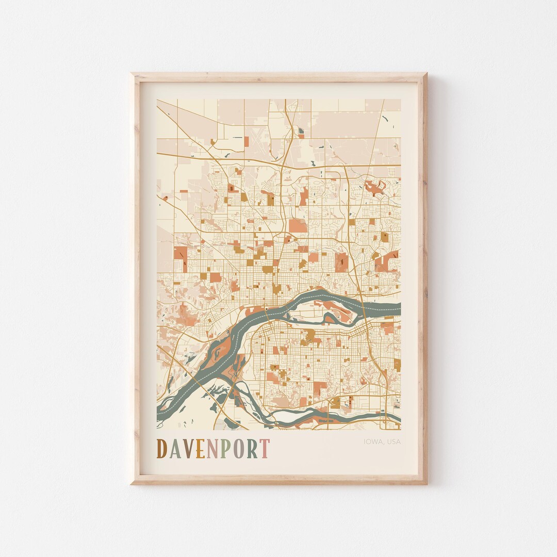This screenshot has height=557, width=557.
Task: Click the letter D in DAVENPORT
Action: (x=162, y=449)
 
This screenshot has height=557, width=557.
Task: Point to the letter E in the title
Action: (x=200, y=449)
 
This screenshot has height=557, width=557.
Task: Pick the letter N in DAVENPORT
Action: (x=212, y=449)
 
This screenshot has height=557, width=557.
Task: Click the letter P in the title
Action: (x=225, y=449)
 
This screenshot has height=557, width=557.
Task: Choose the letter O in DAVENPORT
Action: (x=238, y=449)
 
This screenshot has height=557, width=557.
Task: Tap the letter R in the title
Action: (x=252, y=449)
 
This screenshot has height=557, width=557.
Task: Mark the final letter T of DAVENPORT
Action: (x=264, y=449)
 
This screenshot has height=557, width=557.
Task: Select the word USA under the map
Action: (x=393, y=441)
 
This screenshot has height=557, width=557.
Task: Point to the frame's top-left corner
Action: (x=132, y=74)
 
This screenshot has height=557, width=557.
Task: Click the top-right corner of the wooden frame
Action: (x=426, y=74)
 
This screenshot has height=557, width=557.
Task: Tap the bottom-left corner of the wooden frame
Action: (x=132, y=483)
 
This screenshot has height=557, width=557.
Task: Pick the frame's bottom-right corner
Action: (x=426, y=483)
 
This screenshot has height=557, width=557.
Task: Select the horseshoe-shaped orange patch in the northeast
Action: (x=375, y=187)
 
